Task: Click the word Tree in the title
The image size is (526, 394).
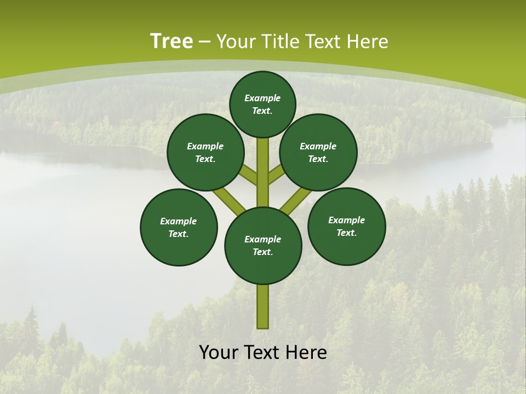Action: pos(171,41)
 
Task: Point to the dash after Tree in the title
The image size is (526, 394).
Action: pos(204,42)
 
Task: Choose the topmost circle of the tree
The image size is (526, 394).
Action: pos(262,104)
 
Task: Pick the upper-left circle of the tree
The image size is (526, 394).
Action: pos(205,152)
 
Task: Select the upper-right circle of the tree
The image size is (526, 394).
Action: pos(318,152)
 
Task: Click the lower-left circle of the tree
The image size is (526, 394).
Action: pos(179,227)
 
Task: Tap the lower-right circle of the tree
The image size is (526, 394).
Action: pos(346,226)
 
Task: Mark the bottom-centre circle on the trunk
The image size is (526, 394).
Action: pos(263,245)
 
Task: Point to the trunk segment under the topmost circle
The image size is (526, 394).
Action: pos(263,170)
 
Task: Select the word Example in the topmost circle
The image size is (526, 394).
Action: pos(262,98)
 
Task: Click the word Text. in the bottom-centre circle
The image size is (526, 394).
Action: pos(263,252)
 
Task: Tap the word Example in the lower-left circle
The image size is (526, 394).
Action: pos(179,221)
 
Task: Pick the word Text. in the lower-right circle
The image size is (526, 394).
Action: pos(346,233)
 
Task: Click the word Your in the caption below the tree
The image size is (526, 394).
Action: pos(219,352)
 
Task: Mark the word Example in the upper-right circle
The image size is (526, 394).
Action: pos(318,146)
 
